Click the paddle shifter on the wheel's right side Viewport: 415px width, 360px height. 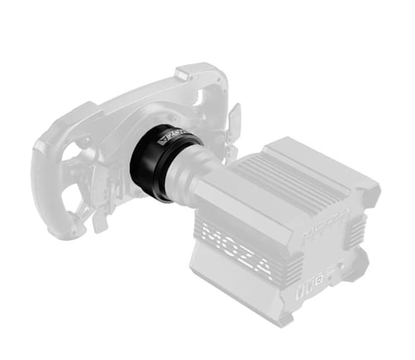(234, 120)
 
